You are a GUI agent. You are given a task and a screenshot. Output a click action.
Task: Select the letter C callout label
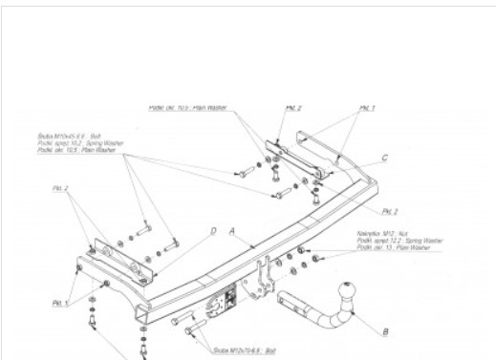(x=383, y=157)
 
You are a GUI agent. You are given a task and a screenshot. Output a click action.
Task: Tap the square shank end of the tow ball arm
(x=283, y=299)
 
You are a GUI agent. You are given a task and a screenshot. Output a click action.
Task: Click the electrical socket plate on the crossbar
(x=222, y=302)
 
